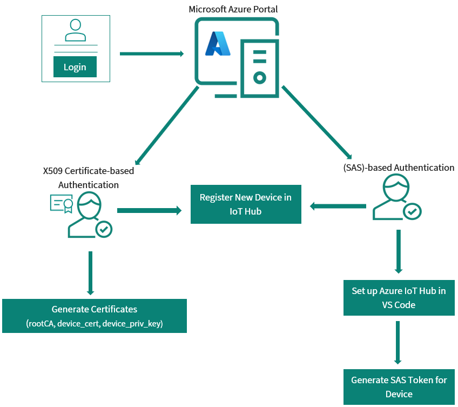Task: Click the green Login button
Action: pos(75,67)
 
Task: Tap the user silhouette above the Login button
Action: pos(75,31)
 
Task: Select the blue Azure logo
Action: pos(218,44)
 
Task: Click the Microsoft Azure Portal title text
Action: pos(233,9)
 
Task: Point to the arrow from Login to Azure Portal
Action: pos(151,54)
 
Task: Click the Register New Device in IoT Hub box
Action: pos(246,204)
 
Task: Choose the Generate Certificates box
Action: pos(95,316)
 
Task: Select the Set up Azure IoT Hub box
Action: pos(399,297)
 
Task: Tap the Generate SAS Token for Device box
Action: pos(399,387)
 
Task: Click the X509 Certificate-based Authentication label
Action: pos(89,177)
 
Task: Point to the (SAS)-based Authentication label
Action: pos(399,168)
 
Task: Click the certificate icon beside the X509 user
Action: pos(61,204)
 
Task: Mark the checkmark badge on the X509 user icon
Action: pos(104,229)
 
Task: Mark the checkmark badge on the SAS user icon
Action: pos(413,211)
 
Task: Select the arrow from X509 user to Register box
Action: pos(149,210)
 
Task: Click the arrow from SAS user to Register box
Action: pos(338,205)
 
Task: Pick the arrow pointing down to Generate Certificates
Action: pos(90,272)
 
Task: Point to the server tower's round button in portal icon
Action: pos(260,78)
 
